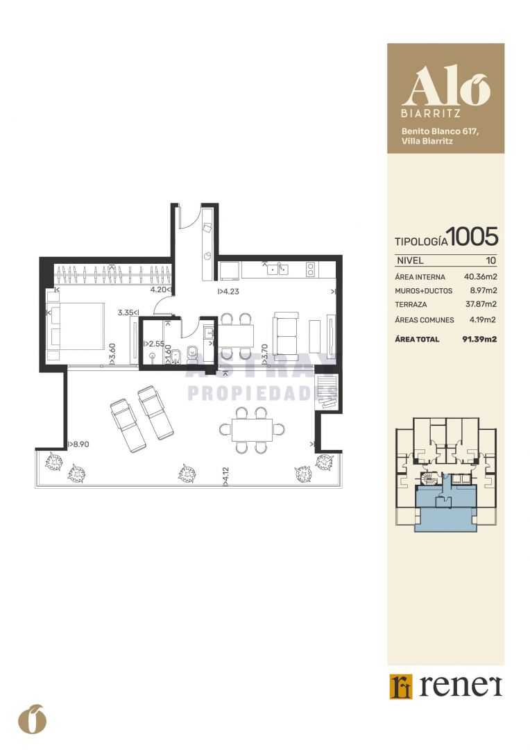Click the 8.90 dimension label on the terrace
tap(78, 444)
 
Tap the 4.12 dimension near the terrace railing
tap(225, 477)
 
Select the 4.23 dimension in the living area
tap(228, 291)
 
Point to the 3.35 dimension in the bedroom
tap(128, 312)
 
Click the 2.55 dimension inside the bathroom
tap(154, 344)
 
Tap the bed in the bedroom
tap(76, 326)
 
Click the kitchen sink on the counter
tap(277, 269)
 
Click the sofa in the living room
tap(286, 333)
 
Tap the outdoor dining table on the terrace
tap(252, 430)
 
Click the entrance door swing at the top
tap(187, 218)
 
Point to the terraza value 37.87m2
tap(481, 304)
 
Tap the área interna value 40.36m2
tap(480, 276)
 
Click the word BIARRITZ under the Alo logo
tap(431, 114)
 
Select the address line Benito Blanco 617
tap(440, 131)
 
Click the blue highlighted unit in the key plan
tap(445, 512)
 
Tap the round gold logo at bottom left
tap(33, 719)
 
